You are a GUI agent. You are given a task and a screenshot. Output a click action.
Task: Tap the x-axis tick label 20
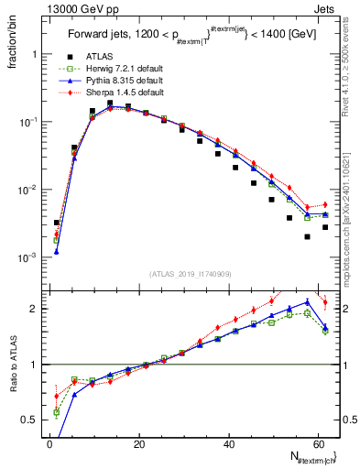pos(139,442)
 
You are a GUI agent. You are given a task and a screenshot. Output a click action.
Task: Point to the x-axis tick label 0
pos(49,442)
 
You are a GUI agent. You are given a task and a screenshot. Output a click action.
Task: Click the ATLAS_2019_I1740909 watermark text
pos(190,274)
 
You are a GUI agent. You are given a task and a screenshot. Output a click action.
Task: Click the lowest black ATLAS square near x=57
pos(307,236)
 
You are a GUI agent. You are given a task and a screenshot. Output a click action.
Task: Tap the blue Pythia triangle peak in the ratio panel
pos(307,301)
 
